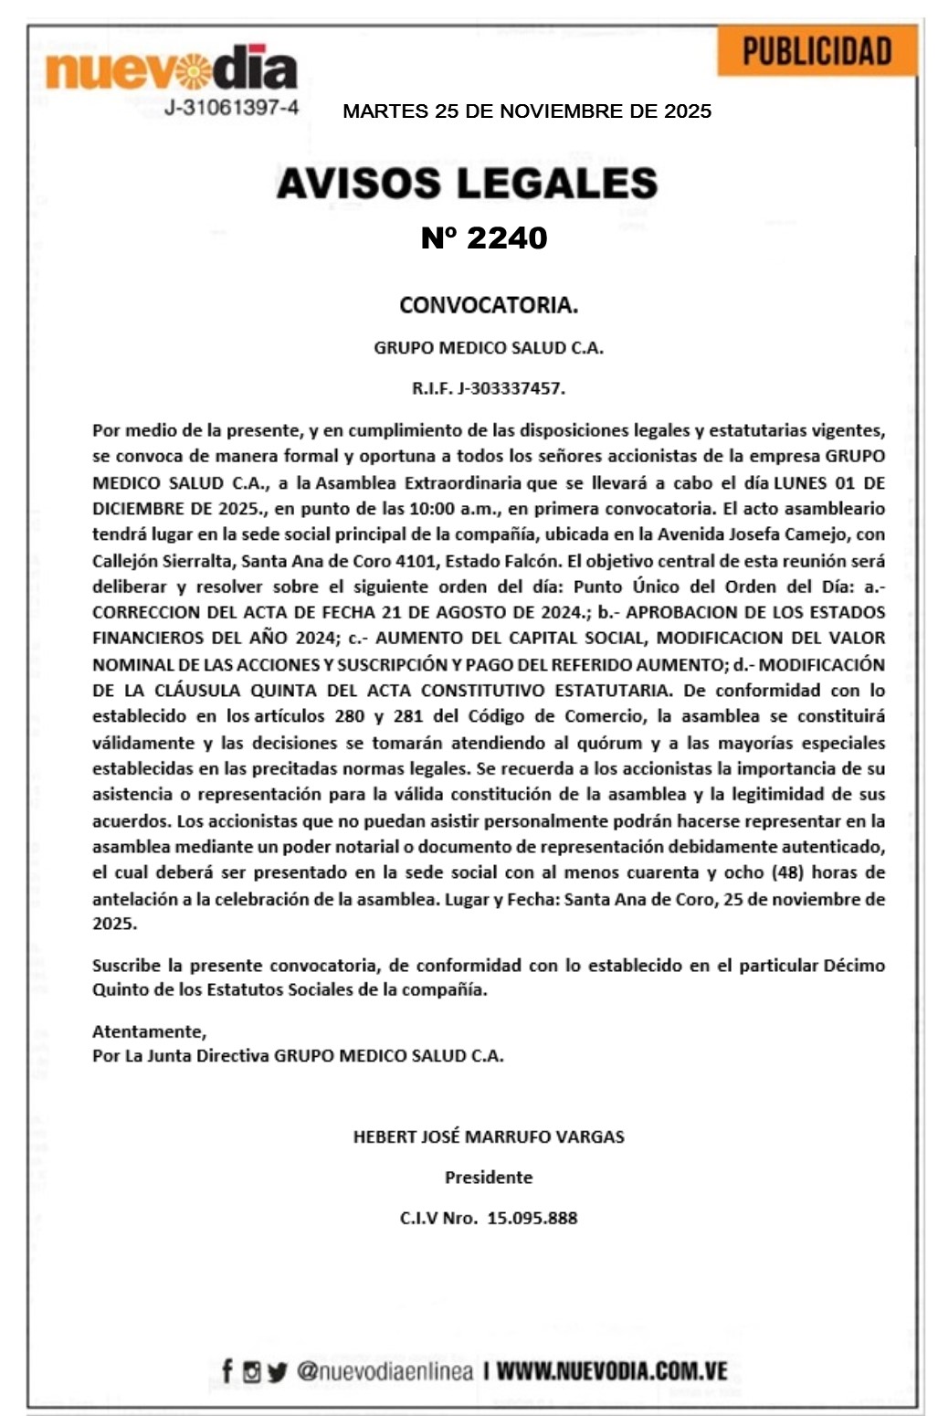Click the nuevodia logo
click(172, 69)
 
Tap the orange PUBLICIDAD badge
click(817, 52)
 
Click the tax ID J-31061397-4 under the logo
click(231, 108)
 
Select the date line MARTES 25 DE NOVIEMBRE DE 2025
click(527, 111)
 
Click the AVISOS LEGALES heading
click(467, 184)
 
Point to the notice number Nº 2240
click(484, 238)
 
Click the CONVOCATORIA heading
click(489, 305)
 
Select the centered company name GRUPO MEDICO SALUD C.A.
click(489, 348)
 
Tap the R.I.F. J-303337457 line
click(489, 388)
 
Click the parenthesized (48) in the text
click(783, 872)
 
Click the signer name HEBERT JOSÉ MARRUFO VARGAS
click(489, 1137)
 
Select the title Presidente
click(489, 1178)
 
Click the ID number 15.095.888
click(532, 1218)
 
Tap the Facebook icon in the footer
click(227, 1370)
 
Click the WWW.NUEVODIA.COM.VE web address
click(612, 1370)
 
